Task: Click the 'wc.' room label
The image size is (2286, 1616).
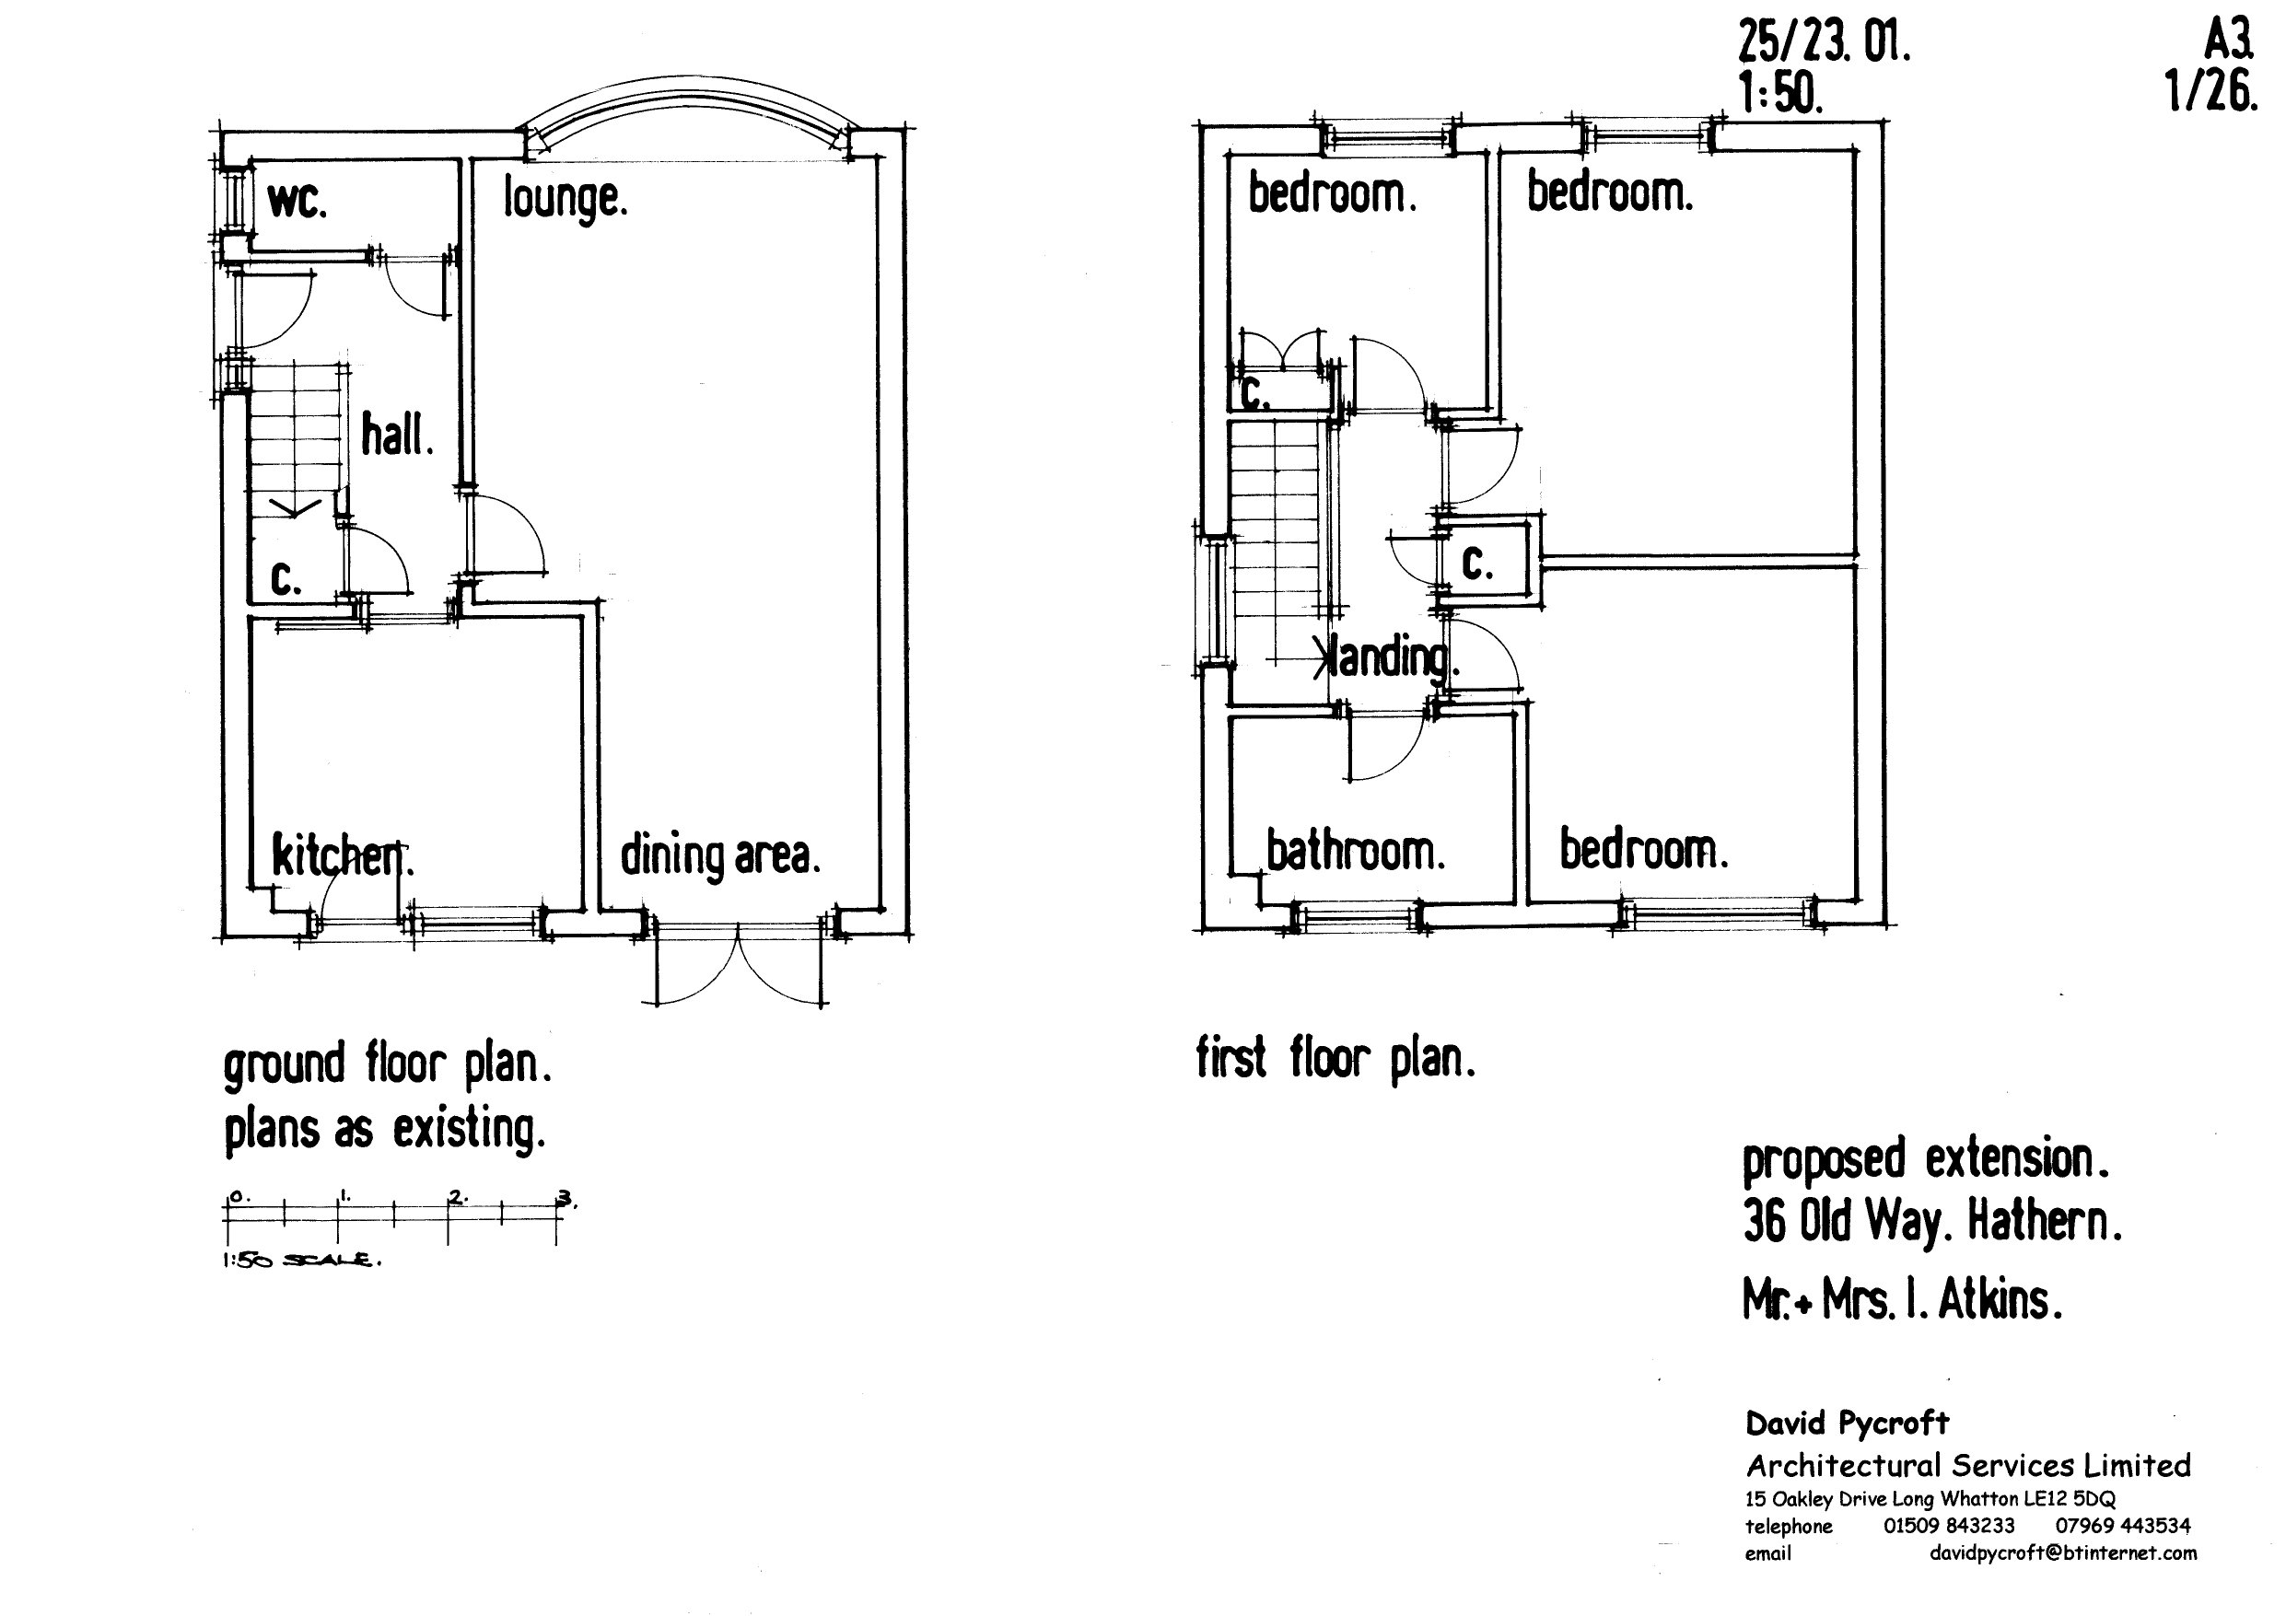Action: pos(296,203)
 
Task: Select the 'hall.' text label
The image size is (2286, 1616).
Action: pos(396,436)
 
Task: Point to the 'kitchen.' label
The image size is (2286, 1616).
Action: pos(342,857)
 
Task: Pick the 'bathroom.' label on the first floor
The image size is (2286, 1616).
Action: pos(1354,853)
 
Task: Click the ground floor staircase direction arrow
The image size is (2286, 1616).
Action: pos(296,510)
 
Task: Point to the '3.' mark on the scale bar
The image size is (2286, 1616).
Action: pos(566,1198)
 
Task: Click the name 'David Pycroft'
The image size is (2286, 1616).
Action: pos(1847,1423)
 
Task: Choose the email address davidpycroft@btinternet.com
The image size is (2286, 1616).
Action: pos(2062,1553)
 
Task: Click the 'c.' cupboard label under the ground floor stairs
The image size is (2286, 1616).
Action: pos(285,577)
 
